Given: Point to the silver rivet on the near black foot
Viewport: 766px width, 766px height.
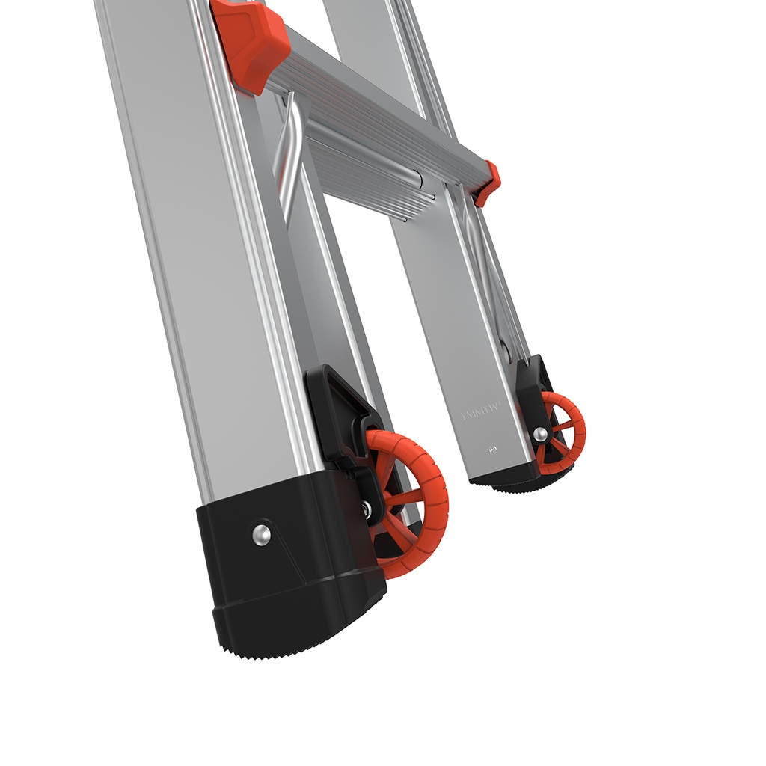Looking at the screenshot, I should click(260, 533).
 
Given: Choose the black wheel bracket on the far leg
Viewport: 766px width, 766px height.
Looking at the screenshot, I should click(532, 396).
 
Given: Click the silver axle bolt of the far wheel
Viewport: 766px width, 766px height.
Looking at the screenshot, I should click(539, 433).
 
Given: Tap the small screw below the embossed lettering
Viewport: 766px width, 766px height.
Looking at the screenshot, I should click(492, 449).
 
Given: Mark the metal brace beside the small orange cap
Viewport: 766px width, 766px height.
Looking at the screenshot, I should click(479, 247).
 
